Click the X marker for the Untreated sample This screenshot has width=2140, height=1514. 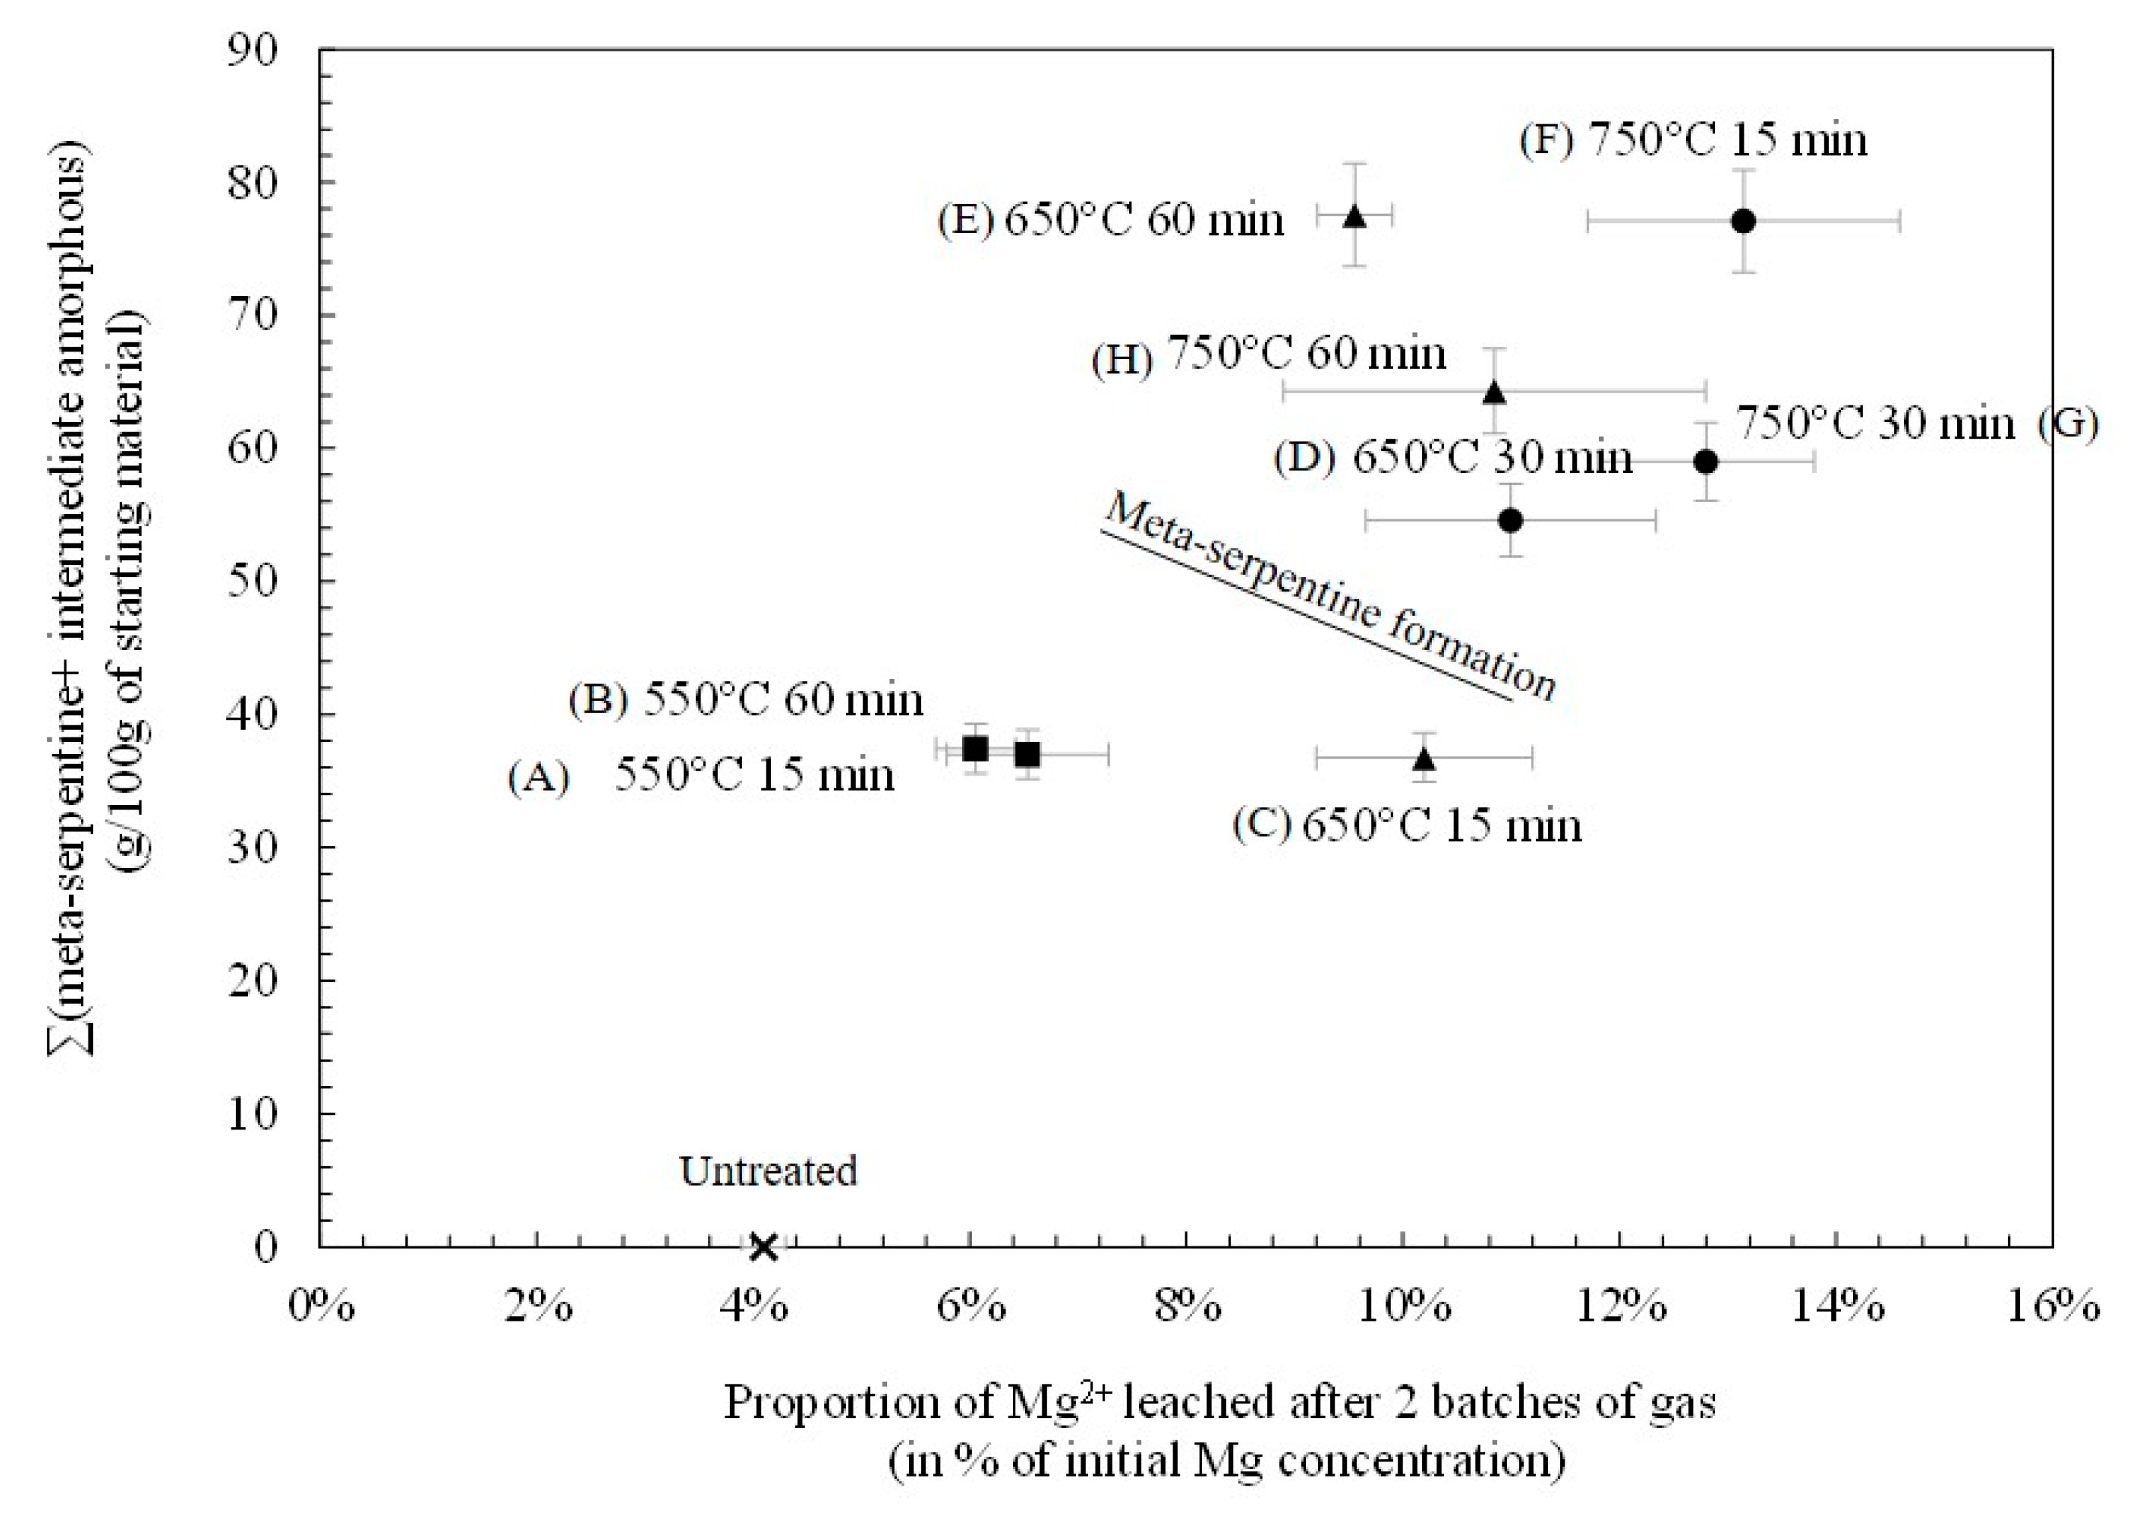pos(763,1246)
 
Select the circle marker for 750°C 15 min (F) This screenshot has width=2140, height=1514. pos(1743,221)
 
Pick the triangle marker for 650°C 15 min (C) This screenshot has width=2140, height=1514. pos(1423,758)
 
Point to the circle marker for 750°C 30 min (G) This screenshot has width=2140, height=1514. pos(1705,462)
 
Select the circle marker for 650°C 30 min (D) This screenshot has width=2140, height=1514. pos(1511,520)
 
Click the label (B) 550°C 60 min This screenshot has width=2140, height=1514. pos(746,700)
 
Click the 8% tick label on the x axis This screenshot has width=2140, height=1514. pos(1186,1307)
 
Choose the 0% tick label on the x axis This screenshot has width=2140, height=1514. pos(321,1307)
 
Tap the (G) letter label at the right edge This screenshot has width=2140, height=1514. pos(2068,424)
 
